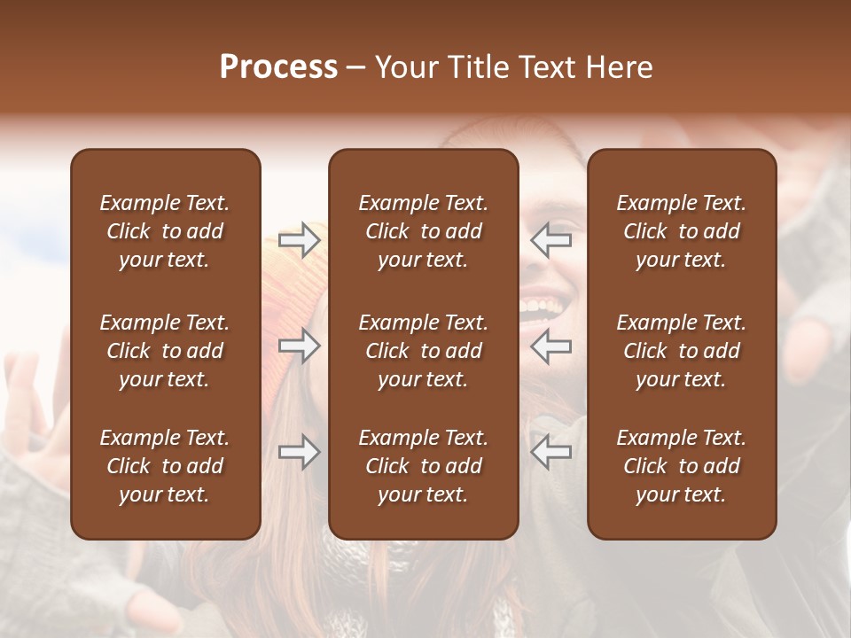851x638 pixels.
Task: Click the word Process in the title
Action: point(278,67)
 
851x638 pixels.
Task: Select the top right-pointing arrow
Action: point(300,240)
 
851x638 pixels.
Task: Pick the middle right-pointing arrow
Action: point(300,346)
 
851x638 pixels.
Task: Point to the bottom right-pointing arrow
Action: point(300,452)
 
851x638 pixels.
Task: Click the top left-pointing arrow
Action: point(550,240)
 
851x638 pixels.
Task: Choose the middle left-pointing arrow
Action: point(550,346)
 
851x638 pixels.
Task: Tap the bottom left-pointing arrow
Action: point(550,452)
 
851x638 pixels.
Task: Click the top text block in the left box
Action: point(165,231)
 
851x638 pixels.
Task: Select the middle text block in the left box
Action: point(165,351)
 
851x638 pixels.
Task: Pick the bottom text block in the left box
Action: point(165,466)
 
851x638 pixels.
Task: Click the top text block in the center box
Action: point(424,231)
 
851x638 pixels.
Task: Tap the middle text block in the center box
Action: point(424,351)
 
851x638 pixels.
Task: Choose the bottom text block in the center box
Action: point(424,466)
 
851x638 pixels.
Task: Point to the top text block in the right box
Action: point(682,231)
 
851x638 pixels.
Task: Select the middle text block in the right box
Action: point(682,351)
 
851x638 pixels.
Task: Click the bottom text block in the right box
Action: point(682,466)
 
